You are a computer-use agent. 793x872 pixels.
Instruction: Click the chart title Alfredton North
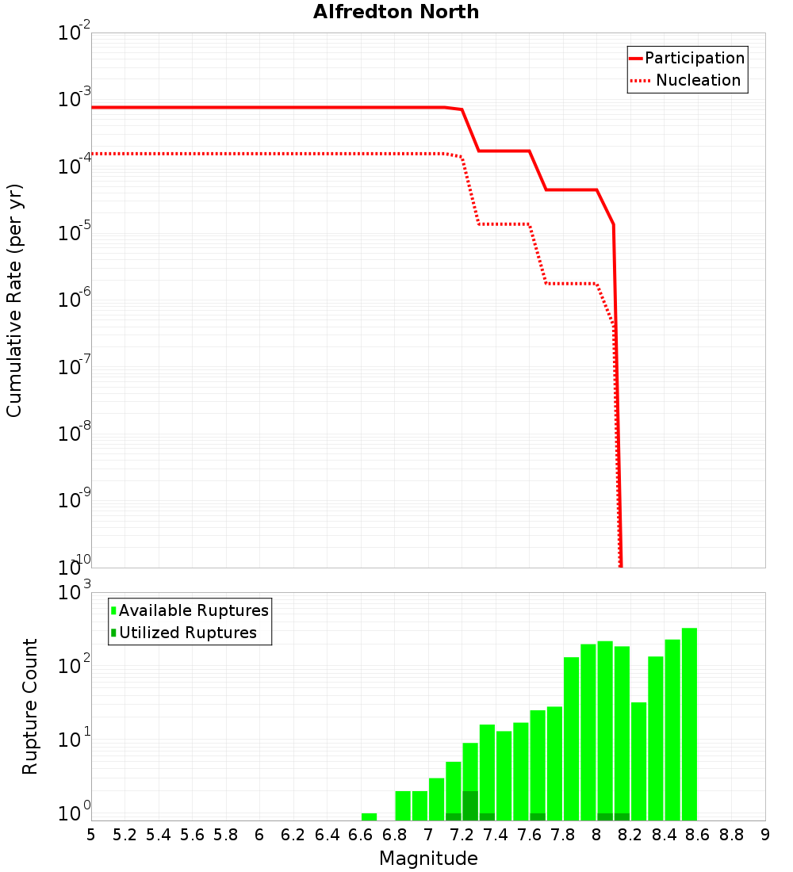pos(396,12)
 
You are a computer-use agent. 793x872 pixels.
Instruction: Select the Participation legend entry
pos(687,59)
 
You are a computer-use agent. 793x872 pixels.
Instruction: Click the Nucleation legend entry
pos(687,81)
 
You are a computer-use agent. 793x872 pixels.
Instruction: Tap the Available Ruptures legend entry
pos(190,610)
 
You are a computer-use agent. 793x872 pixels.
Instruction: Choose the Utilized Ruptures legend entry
pos(184,633)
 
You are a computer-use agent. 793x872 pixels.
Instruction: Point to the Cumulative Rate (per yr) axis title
pos(14,300)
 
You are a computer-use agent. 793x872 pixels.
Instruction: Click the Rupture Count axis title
pos(30,706)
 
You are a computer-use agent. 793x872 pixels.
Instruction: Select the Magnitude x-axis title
pos(428,859)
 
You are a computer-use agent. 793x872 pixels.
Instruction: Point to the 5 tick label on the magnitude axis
pos(91,835)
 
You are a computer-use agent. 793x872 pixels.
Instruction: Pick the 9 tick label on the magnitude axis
pos(765,835)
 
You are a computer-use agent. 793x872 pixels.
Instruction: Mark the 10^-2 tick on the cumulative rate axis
pos(74,33)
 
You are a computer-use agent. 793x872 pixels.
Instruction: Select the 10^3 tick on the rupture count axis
pos(74,592)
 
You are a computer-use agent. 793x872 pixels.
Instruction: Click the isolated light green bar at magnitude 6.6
pos(369,817)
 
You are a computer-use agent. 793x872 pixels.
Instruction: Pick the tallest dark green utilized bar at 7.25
pos(470,805)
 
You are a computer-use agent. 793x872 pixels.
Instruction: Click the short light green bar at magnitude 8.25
pos(638,761)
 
